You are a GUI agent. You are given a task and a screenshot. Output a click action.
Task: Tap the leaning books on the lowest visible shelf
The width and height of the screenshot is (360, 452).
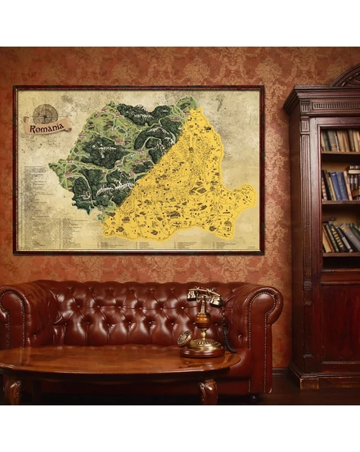pos(340,237)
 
